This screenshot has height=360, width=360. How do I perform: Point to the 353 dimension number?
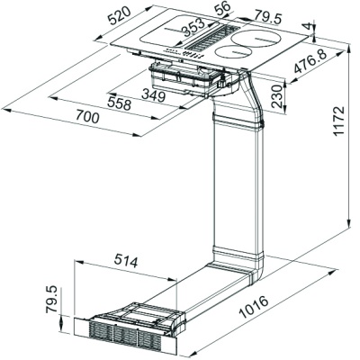pyautogui.click(x=193, y=28)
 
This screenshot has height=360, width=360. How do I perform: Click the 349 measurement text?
pyautogui.click(x=153, y=95)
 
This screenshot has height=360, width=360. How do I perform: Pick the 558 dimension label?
pyautogui.click(x=120, y=103)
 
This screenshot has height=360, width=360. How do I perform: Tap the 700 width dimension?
pyautogui.click(x=87, y=116)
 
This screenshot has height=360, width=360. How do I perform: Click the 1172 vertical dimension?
pyautogui.click(x=338, y=121)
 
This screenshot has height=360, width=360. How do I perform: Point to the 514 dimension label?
pyautogui.click(x=126, y=262)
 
